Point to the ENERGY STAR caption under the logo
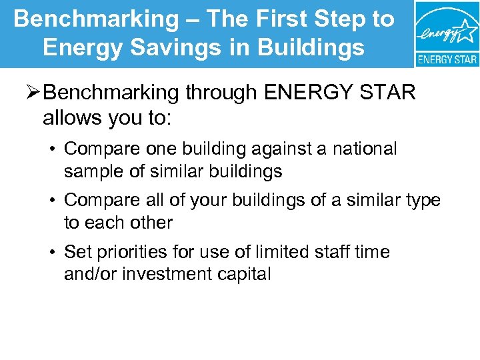point(447,59)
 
